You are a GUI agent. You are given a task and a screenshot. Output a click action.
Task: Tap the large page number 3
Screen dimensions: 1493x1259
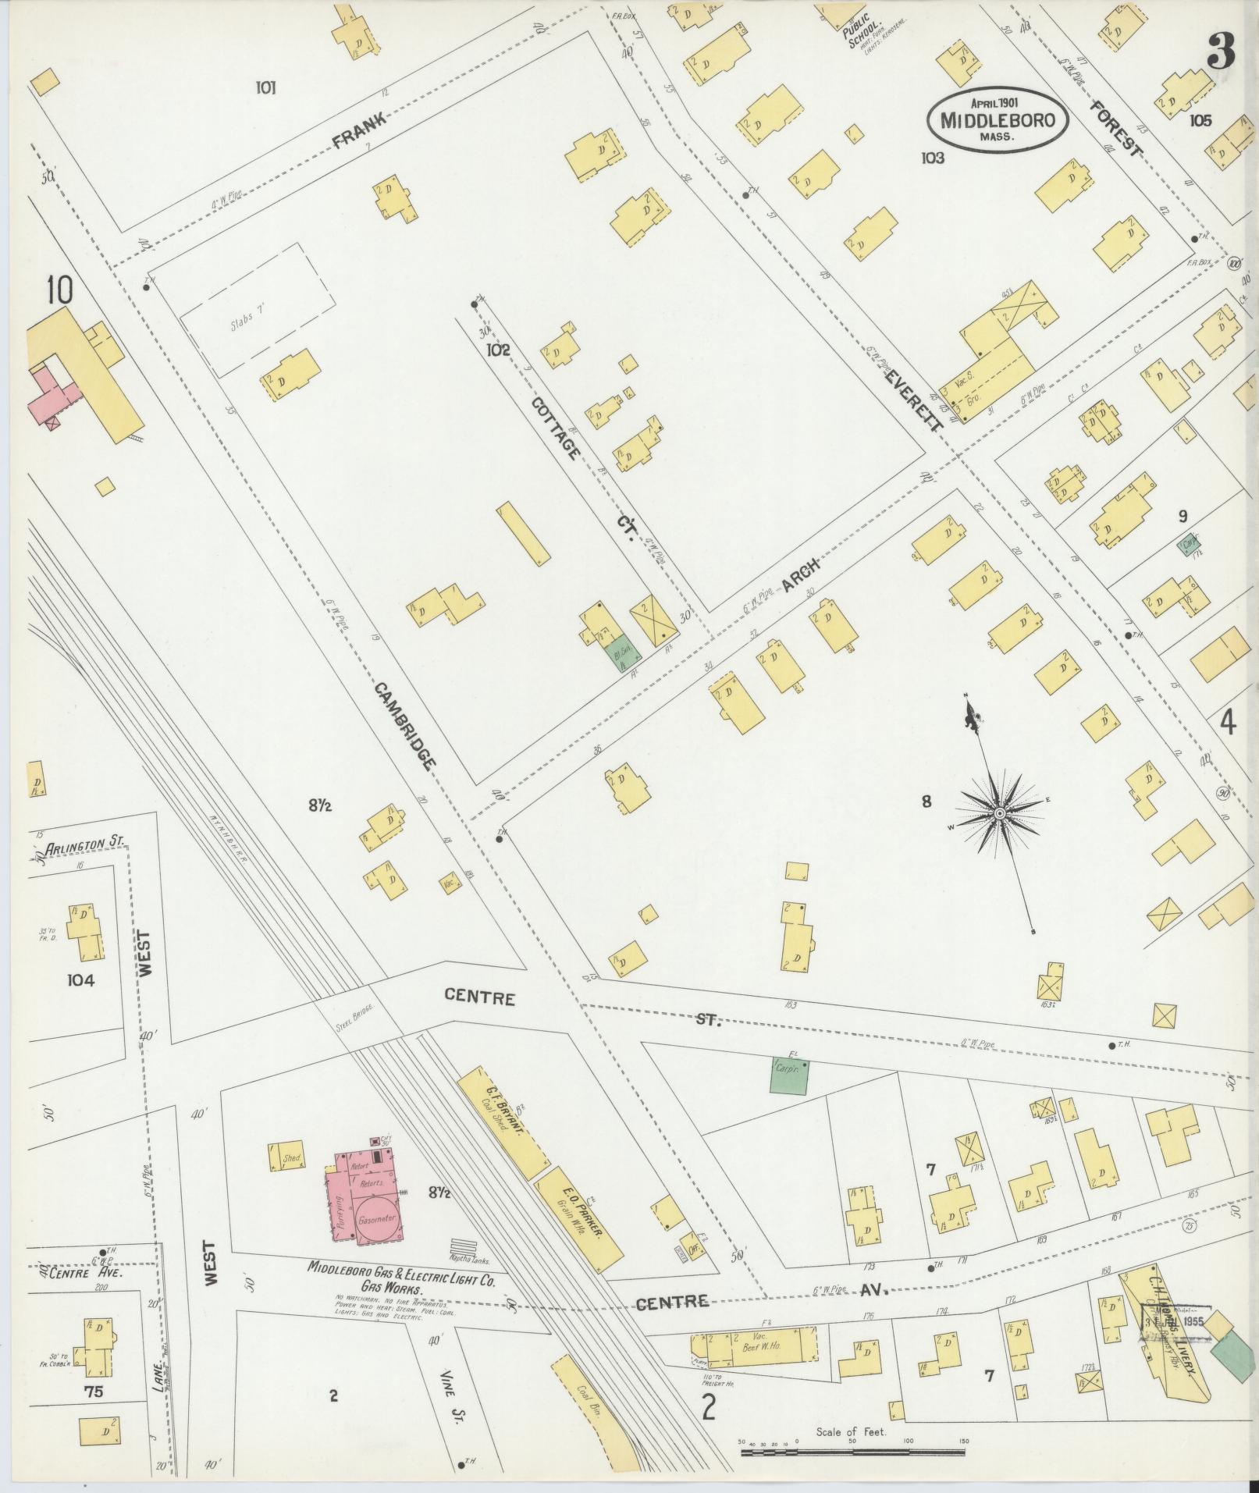click(x=1220, y=52)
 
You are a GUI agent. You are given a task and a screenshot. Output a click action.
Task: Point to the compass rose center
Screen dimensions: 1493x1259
click(x=999, y=814)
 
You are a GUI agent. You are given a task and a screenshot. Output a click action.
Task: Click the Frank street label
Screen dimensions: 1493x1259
click(x=360, y=131)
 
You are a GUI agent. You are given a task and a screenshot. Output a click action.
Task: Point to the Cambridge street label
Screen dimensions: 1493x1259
click(x=404, y=726)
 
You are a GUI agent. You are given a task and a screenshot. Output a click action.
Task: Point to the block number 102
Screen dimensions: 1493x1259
click(x=498, y=350)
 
